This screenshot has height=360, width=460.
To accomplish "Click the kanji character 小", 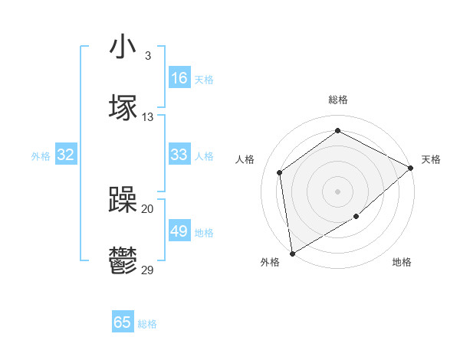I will [123, 47].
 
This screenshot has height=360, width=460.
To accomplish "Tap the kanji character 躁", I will [123, 201].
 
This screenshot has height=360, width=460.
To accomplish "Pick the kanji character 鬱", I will [123, 262].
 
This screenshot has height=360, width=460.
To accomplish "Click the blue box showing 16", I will [179, 78].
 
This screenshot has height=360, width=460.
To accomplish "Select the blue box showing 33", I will [179, 155].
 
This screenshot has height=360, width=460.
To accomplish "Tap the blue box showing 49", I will [179, 231].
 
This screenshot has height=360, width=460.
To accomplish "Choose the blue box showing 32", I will [66, 155].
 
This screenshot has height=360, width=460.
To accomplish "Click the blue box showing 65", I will [123, 322].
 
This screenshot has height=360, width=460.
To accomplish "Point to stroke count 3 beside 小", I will [147, 56].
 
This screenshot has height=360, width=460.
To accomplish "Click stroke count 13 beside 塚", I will [148, 117].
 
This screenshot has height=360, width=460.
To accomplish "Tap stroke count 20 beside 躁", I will [148, 208].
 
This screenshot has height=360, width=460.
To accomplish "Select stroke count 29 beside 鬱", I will [148, 270].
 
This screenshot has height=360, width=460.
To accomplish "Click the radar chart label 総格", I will [338, 100].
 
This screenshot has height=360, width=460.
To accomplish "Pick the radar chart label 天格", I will [431, 159].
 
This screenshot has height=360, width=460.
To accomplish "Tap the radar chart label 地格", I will [402, 262].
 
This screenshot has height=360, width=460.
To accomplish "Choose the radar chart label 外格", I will [270, 262].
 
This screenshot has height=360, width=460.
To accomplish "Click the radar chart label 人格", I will [245, 159].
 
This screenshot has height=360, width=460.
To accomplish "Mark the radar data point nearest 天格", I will [411, 168].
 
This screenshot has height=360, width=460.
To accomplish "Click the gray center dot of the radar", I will [337, 191].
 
